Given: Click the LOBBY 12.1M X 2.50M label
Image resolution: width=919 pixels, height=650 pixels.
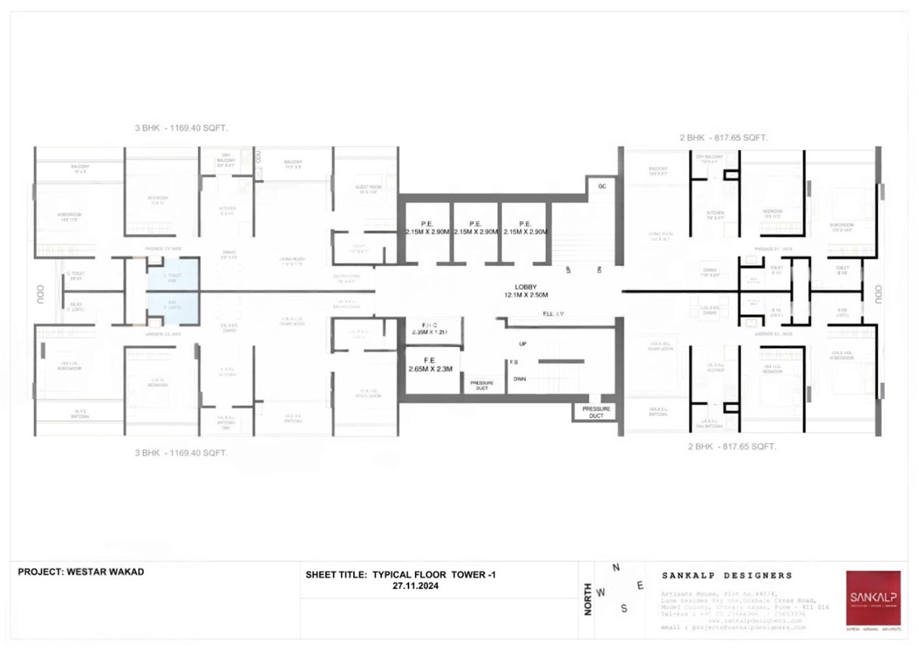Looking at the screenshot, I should pyautogui.click(x=525, y=291).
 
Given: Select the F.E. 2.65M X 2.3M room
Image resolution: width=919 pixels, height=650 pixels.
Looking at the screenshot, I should pyautogui.click(x=431, y=365).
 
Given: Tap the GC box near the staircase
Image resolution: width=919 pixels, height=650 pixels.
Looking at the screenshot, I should pyautogui.click(x=602, y=186).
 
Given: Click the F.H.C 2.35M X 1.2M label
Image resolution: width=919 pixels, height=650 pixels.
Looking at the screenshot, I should pyautogui.click(x=429, y=329).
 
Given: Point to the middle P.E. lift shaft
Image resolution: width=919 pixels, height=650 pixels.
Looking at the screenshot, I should pyautogui.click(x=475, y=227).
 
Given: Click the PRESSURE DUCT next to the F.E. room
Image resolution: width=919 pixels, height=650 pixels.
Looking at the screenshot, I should pyautogui.click(x=481, y=385).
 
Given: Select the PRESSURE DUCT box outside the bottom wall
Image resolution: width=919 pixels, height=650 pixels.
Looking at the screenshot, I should pyautogui.click(x=596, y=412).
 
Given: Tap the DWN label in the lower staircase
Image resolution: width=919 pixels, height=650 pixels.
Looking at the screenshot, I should pyautogui.click(x=519, y=379).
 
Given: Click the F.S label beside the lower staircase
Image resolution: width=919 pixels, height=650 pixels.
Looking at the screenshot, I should pyautogui.click(x=513, y=362).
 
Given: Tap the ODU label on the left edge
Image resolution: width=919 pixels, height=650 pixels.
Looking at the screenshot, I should pyautogui.click(x=41, y=294).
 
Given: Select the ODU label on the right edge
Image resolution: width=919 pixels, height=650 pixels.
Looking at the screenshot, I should pyautogui.click(x=878, y=294).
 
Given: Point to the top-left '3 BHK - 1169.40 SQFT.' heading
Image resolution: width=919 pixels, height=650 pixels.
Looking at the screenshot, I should pyautogui.click(x=181, y=128).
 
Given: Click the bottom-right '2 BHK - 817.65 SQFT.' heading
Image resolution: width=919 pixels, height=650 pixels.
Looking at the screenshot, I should pyautogui.click(x=732, y=447).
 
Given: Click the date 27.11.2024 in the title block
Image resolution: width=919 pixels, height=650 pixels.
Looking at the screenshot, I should pyautogui.click(x=415, y=586).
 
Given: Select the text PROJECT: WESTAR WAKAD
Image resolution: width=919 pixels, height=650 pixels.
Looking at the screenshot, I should pyautogui.click(x=81, y=572).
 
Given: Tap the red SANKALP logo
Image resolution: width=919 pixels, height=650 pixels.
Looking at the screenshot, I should pyautogui.click(x=873, y=598).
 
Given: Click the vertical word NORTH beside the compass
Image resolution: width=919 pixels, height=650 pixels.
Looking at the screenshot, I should pyautogui.click(x=588, y=599).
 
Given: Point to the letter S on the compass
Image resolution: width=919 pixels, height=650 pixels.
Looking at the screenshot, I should pyautogui.click(x=624, y=609).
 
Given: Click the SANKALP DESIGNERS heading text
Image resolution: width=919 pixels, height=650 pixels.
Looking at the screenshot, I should pyautogui.click(x=727, y=575).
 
